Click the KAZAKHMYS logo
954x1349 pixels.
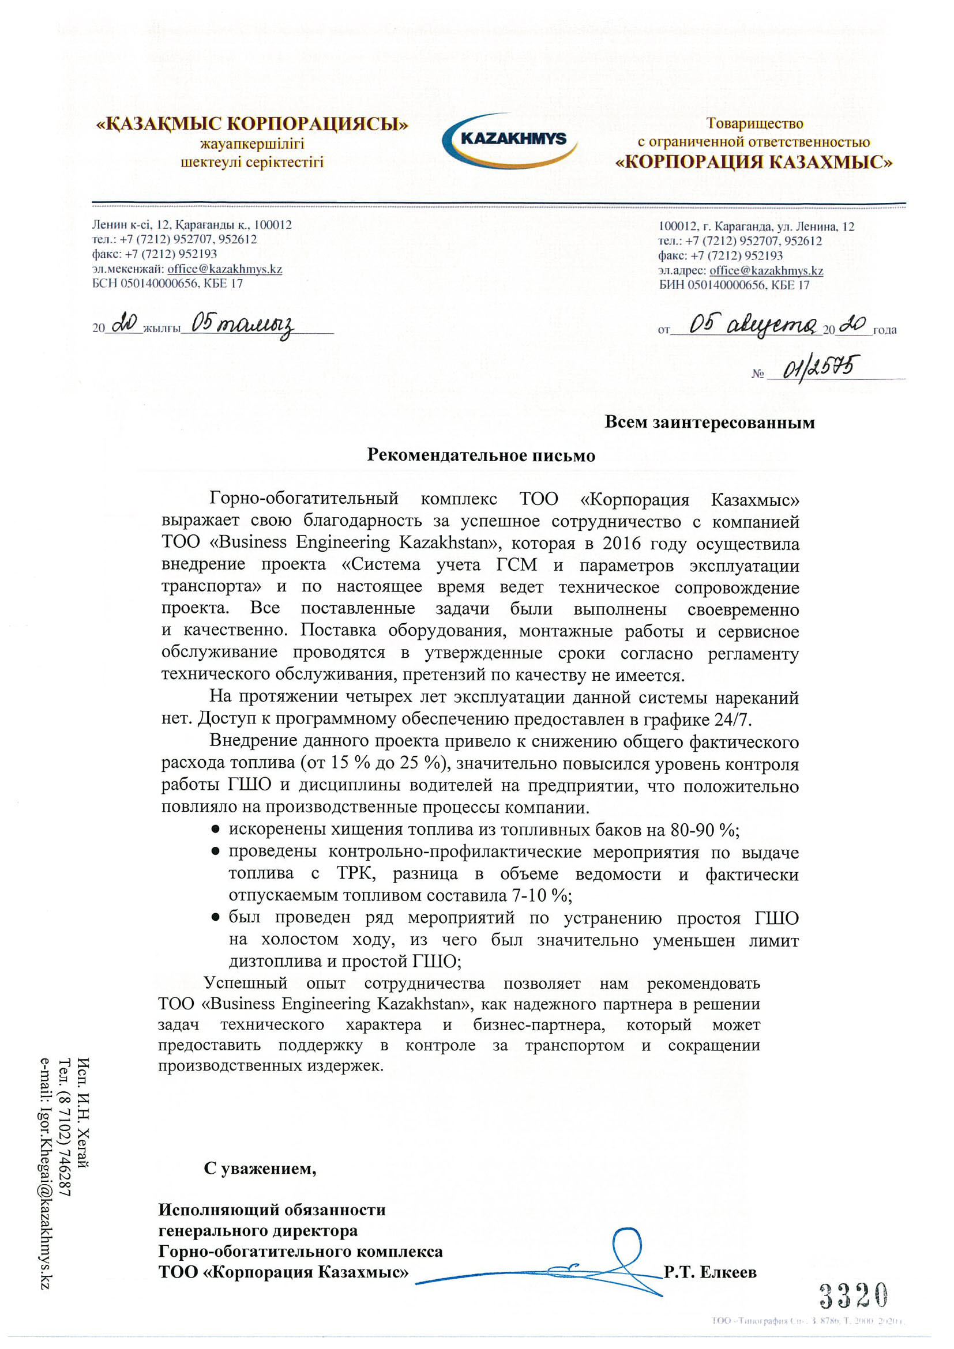tap(509, 140)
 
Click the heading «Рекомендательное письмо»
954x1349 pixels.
tap(481, 455)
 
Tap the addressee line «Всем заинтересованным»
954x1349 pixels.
tap(709, 422)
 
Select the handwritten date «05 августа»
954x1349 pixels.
tap(752, 325)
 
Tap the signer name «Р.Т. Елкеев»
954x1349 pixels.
tap(709, 1272)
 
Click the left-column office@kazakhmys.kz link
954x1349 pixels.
tap(224, 269)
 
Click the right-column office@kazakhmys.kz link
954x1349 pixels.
tap(766, 270)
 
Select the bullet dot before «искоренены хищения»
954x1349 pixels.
tap(216, 829)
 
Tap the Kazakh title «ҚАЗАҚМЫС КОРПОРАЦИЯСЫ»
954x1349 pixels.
tap(252, 124)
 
